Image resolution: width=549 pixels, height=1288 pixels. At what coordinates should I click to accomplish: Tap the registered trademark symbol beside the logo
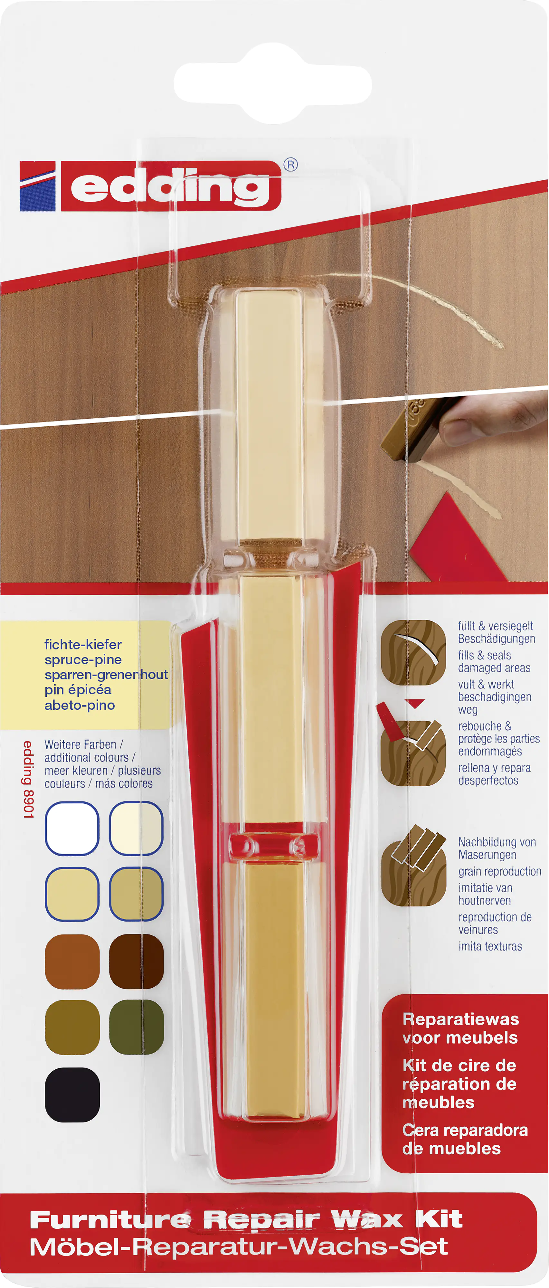[290, 165]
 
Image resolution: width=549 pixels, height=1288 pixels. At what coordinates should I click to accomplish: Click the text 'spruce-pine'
[83, 659]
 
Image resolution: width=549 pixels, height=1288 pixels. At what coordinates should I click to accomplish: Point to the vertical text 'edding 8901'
[29, 780]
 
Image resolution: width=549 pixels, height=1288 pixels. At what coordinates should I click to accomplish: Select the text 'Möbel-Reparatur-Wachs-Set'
[239, 1247]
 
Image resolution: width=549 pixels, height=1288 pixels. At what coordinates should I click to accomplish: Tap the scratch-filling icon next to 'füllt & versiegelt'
[413, 652]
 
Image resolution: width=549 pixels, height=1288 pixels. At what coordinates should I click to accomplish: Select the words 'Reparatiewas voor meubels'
[460, 1028]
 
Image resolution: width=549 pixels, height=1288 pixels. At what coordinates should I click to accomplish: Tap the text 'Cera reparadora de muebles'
[465, 1140]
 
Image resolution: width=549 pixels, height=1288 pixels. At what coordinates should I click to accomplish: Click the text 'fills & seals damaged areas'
[494, 661]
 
